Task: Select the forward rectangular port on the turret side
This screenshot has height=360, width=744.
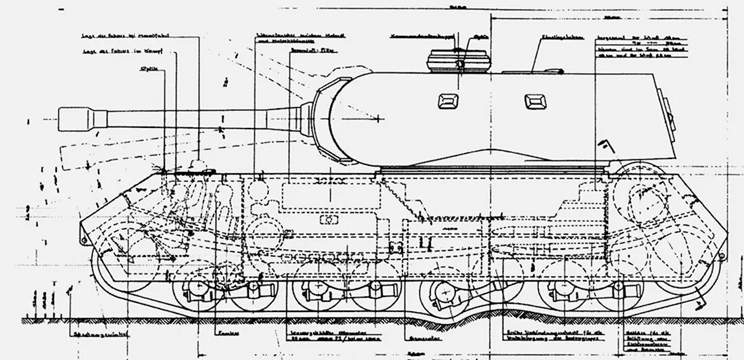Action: tap(448, 101)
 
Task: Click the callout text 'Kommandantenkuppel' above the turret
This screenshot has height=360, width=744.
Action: tap(419, 32)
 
